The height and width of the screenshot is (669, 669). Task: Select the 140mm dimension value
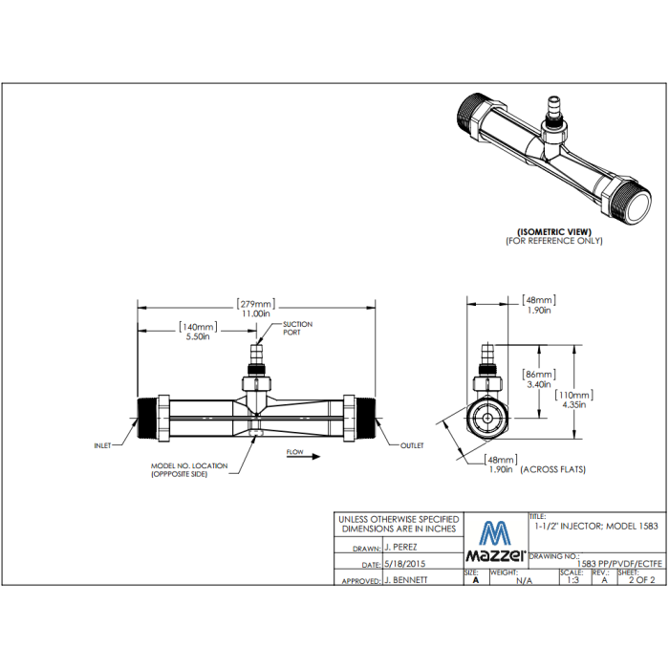coord(199,332)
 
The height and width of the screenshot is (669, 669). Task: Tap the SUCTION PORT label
coord(297,329)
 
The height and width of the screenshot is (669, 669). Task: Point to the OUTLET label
coord(412,445)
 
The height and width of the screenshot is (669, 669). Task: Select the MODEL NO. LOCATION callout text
coord(189,469)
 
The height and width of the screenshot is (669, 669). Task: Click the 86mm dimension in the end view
coord(539,379)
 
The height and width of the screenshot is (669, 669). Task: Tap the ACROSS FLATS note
coord(553,469)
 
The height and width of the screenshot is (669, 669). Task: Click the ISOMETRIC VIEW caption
coord(554,231)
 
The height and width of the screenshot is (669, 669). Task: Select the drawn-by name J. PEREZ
coord(402,549)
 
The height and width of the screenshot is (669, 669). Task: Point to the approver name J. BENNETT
coord(405,580)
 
